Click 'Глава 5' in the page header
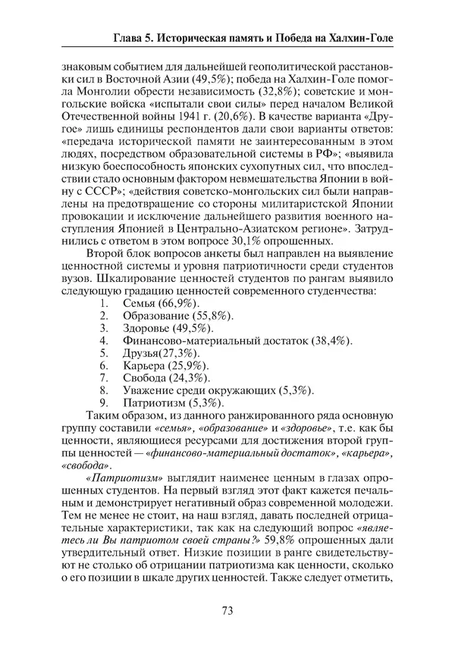(x=136, y=36)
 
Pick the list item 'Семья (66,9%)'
(x=157, y=303)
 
